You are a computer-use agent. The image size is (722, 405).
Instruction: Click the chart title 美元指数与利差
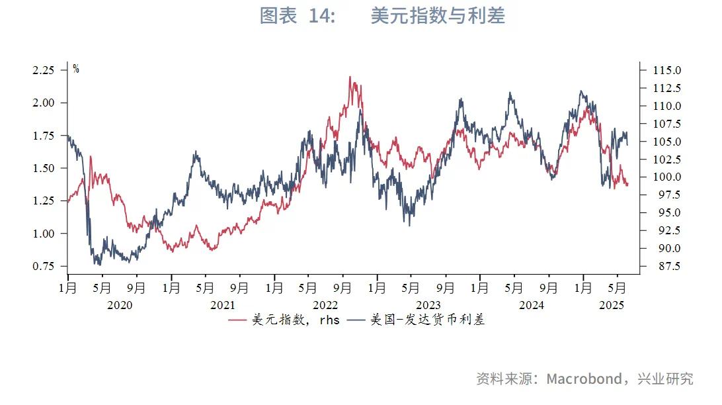coord(438,16)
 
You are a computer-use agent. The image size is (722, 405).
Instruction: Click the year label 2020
coord(120,305)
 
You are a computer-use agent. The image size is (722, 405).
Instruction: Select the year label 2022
coord(325,305)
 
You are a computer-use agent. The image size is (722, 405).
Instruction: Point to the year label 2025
coord(612,305)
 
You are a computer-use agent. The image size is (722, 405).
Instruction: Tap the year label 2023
coord(428,305)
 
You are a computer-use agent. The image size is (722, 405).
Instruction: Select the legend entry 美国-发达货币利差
coord(427,320)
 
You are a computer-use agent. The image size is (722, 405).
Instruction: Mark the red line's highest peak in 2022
coord(350,77)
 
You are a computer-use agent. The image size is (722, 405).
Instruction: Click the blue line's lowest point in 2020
coord(98,264)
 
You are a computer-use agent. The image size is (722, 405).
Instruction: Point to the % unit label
coord(76,69)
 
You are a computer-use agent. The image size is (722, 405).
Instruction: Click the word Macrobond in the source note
coord(584,379)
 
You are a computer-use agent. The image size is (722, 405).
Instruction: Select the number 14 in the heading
coord(321,16)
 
